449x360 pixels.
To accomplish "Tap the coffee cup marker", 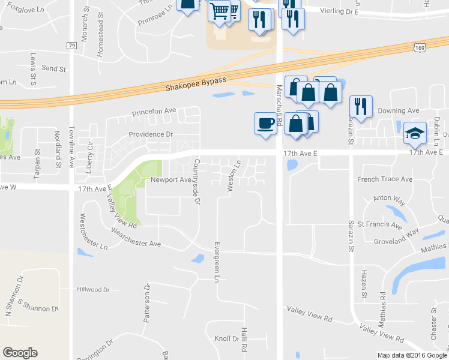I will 265,124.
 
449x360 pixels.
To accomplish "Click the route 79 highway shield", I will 71,46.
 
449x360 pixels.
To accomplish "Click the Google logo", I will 20,353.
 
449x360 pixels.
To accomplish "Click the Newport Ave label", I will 170,179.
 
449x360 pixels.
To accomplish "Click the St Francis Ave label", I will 379,226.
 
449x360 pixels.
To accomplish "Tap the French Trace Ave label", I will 384,179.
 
